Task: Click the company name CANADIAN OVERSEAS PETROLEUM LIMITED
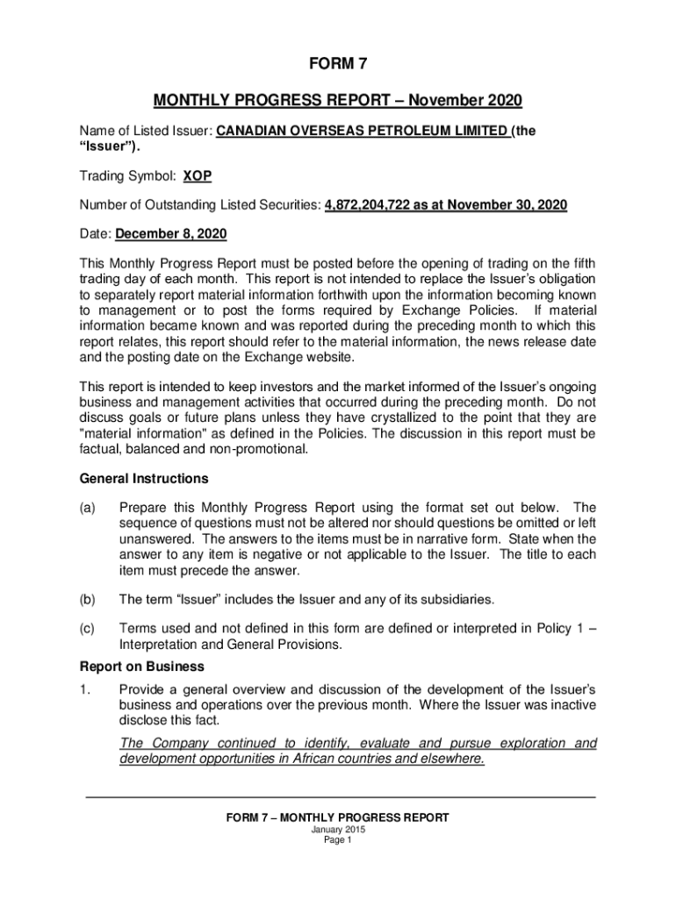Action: coord(362,131)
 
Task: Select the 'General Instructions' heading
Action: coord(144,479)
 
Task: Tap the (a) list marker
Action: coord(88,508)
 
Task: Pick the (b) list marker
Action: coord(88,600)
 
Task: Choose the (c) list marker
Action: coord(88,628)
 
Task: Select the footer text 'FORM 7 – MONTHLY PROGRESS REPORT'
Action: coord(338,817)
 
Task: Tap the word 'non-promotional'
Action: coord(261,450)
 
